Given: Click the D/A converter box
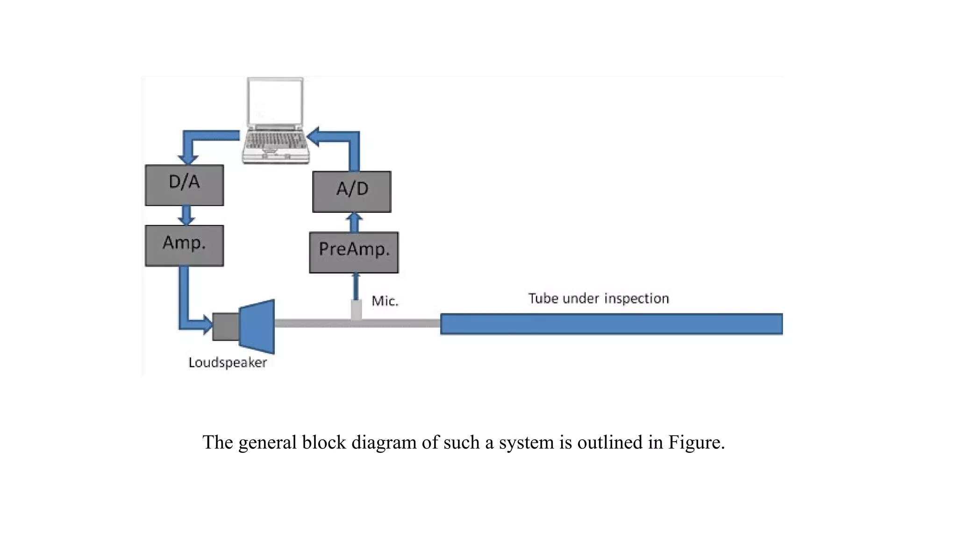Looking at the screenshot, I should point(184,185).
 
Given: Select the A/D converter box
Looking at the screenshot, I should point(351,192).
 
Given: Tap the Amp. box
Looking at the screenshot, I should point(184,246).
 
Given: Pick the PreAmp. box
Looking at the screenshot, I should point(354,252).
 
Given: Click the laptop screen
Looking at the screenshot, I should point(275,102).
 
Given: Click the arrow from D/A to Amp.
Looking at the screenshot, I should point(186,215).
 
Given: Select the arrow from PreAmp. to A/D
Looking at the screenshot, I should point(354,222).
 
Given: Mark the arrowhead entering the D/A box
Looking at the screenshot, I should point(188,159).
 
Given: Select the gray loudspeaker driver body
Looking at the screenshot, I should point(226,326).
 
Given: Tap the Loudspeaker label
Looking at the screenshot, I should point(228,363).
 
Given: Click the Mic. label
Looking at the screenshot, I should point(385,301).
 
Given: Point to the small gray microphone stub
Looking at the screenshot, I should point(356,309).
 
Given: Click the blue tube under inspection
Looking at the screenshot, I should point(611,324).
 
